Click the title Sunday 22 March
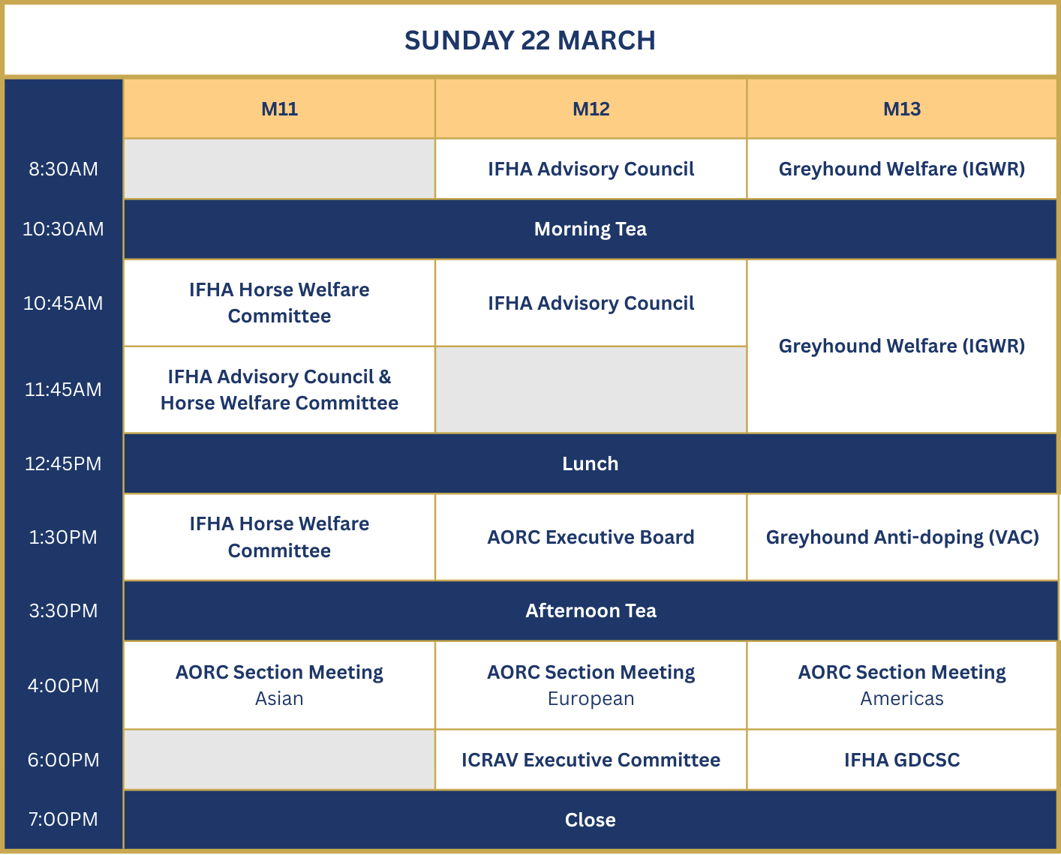530,40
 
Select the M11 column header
279,109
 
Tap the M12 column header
591,109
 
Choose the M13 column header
901,109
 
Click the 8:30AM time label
63,169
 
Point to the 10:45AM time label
63,303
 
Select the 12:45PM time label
63,463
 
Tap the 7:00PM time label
63,819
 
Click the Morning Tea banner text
590,229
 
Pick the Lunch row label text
590,463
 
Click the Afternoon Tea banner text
591,610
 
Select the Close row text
590,820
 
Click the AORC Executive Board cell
591,537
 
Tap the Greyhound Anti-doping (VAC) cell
902,537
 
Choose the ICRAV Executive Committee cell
591,760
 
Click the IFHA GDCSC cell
901,760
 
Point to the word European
591,699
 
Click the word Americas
901,699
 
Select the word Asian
279,699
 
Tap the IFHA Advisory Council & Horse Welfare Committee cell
279,390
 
